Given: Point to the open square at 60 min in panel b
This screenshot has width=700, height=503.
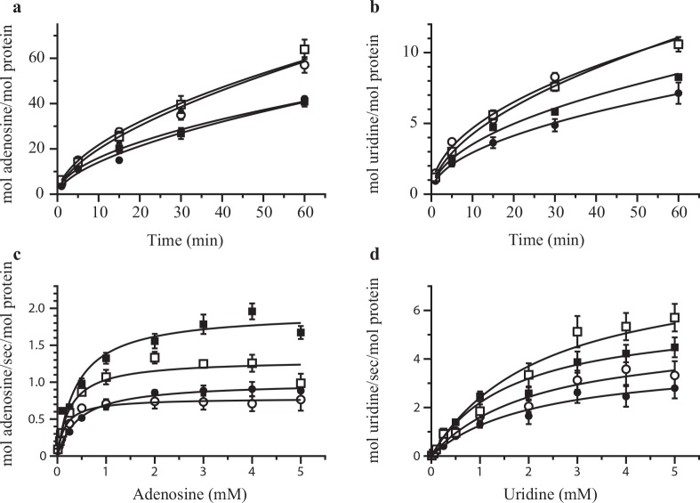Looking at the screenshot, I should click(x=678, y=44).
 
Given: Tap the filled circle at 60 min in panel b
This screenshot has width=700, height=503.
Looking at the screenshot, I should click(x=678, y=93).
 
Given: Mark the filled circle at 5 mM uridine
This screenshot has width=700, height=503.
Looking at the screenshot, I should click(x=674, y=388).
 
